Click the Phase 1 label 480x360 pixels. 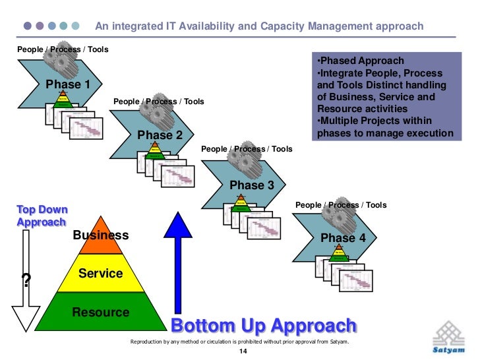coord(68,84)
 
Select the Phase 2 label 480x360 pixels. coord(160,135)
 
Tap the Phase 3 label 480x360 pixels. coord(251,186)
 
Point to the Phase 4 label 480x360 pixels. coord(342,237)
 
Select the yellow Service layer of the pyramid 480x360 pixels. coord(100,273)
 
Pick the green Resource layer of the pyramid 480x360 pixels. coord(100,313)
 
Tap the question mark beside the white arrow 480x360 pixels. coord(26,281)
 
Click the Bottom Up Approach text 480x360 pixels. coord(264,326)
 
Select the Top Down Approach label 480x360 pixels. coord(42,216)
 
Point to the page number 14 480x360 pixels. coord(242,352)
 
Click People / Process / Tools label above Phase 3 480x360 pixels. coord(246,150)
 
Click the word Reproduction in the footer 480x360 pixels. coord(151,342)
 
